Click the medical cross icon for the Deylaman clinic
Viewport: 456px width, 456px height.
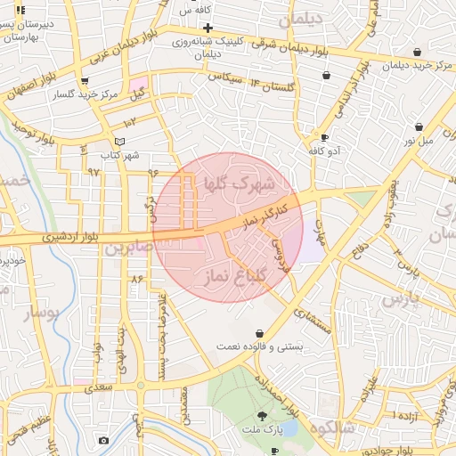pos(208,28)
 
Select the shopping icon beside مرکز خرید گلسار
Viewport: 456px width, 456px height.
pos(85,80)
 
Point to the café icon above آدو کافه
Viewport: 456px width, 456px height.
pos(324,137)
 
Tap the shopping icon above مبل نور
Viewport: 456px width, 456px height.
pos(419,127)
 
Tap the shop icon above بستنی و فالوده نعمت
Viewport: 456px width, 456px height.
pos(259,333)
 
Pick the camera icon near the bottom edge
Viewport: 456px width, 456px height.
pos(104,441)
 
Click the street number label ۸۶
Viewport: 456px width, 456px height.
pos(136,279)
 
